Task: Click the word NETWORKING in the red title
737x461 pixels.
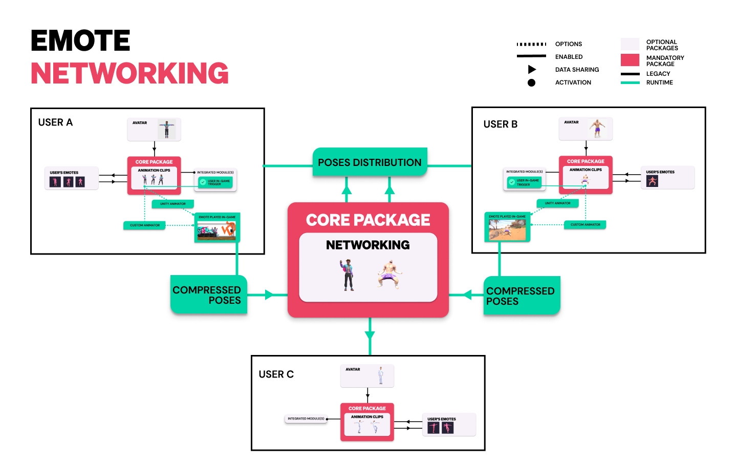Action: tap(129, 73)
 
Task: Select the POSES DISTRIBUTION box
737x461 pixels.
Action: tap(370, 162)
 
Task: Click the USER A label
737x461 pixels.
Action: tap(55, 122)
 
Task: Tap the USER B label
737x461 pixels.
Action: tap(500, 124)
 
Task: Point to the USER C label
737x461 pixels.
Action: tap(276, 374)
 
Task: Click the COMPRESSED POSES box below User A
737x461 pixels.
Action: tap(208, 295)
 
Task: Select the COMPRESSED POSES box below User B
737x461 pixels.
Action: tap(521, 296)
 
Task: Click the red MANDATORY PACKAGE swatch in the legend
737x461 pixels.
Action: tap(630, 60)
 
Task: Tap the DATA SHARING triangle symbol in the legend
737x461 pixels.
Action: tap(532, 70)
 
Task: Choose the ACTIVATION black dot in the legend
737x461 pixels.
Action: tap(531, 82)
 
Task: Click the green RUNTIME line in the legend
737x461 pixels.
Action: tap(630, 82)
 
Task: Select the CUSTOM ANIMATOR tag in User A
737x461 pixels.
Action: tap(144, 225)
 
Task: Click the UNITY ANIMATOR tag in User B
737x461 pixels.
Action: tap(557, 203)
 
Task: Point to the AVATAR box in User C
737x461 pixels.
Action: tap(367, 376)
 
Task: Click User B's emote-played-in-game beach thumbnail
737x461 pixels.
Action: tap(507, 228)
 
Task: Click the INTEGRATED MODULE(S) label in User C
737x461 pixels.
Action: tap(306, 419)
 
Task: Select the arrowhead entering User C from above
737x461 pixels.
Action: tap(370, 336)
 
